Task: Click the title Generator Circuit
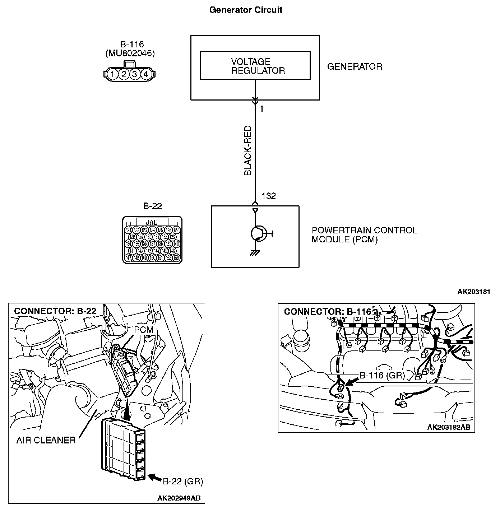(x=246, y=10)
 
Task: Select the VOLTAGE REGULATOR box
(x=255, y=65)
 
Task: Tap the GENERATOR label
(x=355, y=67)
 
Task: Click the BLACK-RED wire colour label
(x=248, y=150)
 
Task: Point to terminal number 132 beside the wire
(x=269, y=196)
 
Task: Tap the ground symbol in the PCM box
(x=255, y=253)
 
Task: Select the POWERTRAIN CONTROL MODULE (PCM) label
(x=364, y=235)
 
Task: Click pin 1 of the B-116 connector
(x=113, y=75)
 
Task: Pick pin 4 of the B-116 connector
(x=145, y=75)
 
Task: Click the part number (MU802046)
(x=130, y=54)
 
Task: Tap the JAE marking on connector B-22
(x=152, y=222)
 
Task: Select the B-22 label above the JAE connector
(x=153, y=206)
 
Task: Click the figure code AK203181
(x=473, y=292)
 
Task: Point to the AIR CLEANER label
(x=46, y=440)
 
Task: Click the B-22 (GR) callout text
(x=183, y=482)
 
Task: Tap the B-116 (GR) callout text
(x=382, y=376)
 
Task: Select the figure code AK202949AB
(x=179, y=498)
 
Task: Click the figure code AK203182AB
(x=449, y=427)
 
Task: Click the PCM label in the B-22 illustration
(x=144, y=330)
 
